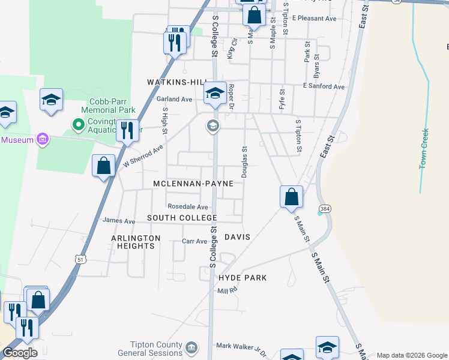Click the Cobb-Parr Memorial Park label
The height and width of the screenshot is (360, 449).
[x=109, y=106]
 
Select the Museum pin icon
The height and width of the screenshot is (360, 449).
[x=43, y=140]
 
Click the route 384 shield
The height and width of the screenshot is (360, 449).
[x=325, y=208]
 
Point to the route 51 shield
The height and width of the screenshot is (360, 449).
[x=80, y=259]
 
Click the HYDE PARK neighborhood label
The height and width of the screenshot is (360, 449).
[x=243, y=278]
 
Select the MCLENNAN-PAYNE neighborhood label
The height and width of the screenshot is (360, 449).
[x=193, y=183]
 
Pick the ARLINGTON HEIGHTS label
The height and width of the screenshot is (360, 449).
[x=136, y=242]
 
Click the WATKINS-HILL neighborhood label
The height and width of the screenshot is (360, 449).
[x=177, y=82]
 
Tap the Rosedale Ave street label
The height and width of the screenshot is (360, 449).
[x=187, y=206]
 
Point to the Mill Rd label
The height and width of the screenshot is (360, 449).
[x=228, y=290]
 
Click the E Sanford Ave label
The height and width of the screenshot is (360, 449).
[x=324, y=86]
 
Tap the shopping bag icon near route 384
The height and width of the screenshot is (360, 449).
[x=291, y=196]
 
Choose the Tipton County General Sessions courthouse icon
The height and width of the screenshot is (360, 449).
[x=191, y=347]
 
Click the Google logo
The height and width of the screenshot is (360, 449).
[x=20, y=353]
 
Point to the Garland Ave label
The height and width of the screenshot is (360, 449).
[x=174, y=99]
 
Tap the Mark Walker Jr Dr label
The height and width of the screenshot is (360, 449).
[x=240, y=346]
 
